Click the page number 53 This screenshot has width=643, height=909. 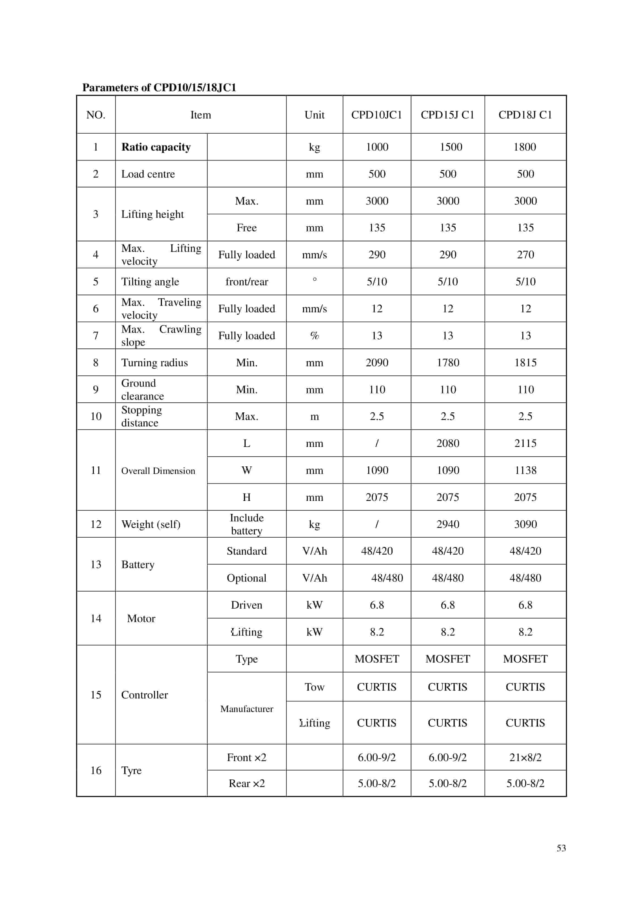pos(561,848)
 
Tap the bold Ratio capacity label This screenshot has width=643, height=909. pos(156,147)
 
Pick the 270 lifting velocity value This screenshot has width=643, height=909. pos(525,255)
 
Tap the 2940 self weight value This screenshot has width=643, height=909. pos(447,524)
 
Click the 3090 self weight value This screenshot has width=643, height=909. pos(525,524)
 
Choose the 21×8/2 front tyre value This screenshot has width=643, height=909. pos(525,757)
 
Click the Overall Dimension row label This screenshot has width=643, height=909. pos(158,470)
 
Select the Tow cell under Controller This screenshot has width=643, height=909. pos(314,687)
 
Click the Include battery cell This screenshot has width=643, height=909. pos(247,524)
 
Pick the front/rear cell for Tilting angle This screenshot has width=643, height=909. pos(247,281)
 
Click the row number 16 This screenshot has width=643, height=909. pos(96,770)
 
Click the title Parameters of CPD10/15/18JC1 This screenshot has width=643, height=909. pos(159,87)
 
